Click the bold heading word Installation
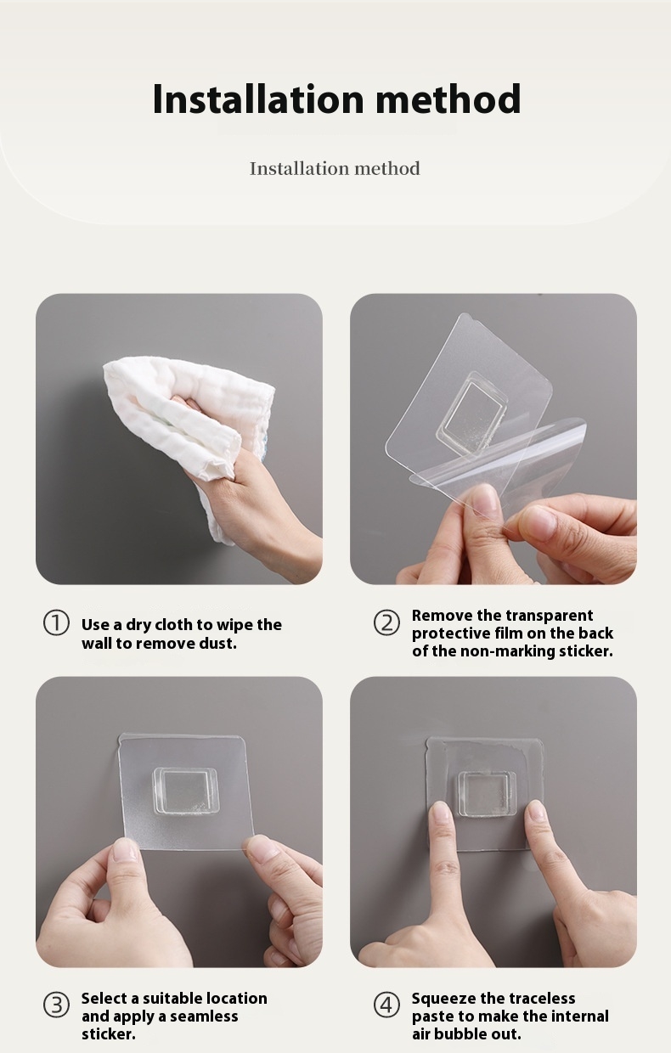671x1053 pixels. (258, 99)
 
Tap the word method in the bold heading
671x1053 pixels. (448, 99)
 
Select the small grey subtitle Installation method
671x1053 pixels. (335, 168)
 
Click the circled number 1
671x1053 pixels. (56, 623)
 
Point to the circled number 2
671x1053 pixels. (386, 623)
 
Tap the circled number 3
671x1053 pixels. (56, 1005)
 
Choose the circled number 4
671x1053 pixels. (386, 1005)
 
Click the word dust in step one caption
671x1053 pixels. (217, 643)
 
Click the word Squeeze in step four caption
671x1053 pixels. (444, 999)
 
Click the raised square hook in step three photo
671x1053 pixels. (185, 791)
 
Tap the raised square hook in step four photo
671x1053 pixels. (487, 793)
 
